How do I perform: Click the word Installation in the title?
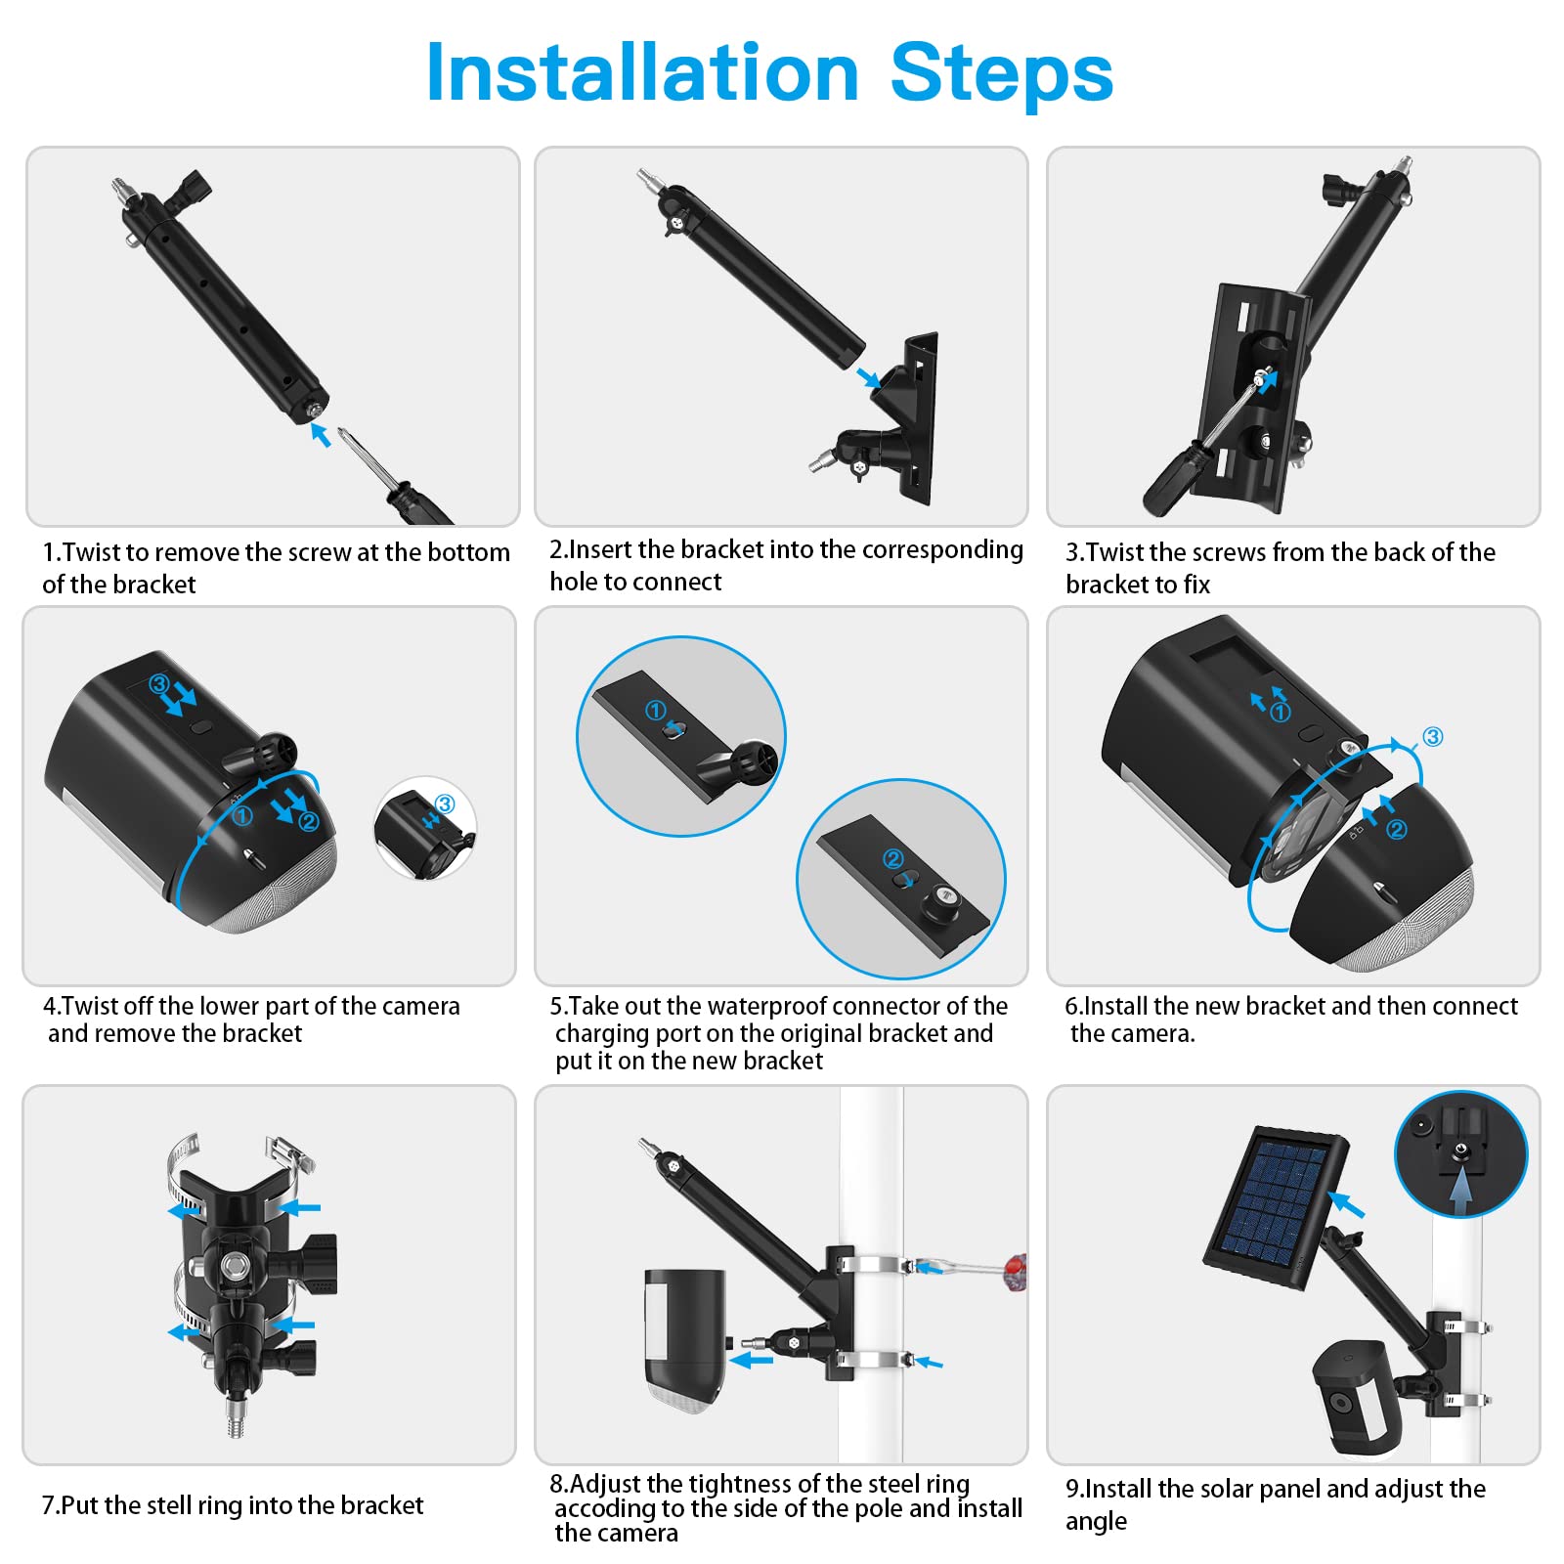coord(642,72)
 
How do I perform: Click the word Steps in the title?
coord(1002,72)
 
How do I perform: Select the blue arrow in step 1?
coord(320,434)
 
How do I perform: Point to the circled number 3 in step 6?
coord(1432,736)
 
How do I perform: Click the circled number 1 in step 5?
coord(655,711)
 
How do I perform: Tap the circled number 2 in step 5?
coord(892,858)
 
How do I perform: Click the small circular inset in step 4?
coord(425,828)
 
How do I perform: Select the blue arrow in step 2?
coord(867,377)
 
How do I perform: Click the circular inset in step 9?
coord(1460,1154)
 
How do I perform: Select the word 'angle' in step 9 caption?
coord(1096,1522)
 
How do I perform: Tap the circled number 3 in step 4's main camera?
coord(159,683)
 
